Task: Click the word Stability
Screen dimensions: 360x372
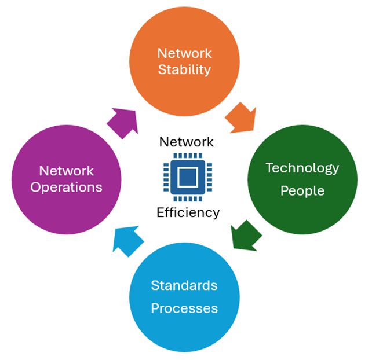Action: pos(184,71)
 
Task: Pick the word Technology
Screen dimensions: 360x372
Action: pos(302,168)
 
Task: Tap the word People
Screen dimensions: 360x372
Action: pos(302,190)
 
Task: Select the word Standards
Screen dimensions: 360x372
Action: pos(184,285)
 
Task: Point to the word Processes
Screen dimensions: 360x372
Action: pos(184,308)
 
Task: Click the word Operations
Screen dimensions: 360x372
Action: pos(67,188)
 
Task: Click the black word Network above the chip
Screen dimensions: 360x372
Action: pos(186,142)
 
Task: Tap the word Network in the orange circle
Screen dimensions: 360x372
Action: pos(184,53)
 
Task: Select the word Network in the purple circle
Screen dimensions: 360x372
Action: pos(67,171)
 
